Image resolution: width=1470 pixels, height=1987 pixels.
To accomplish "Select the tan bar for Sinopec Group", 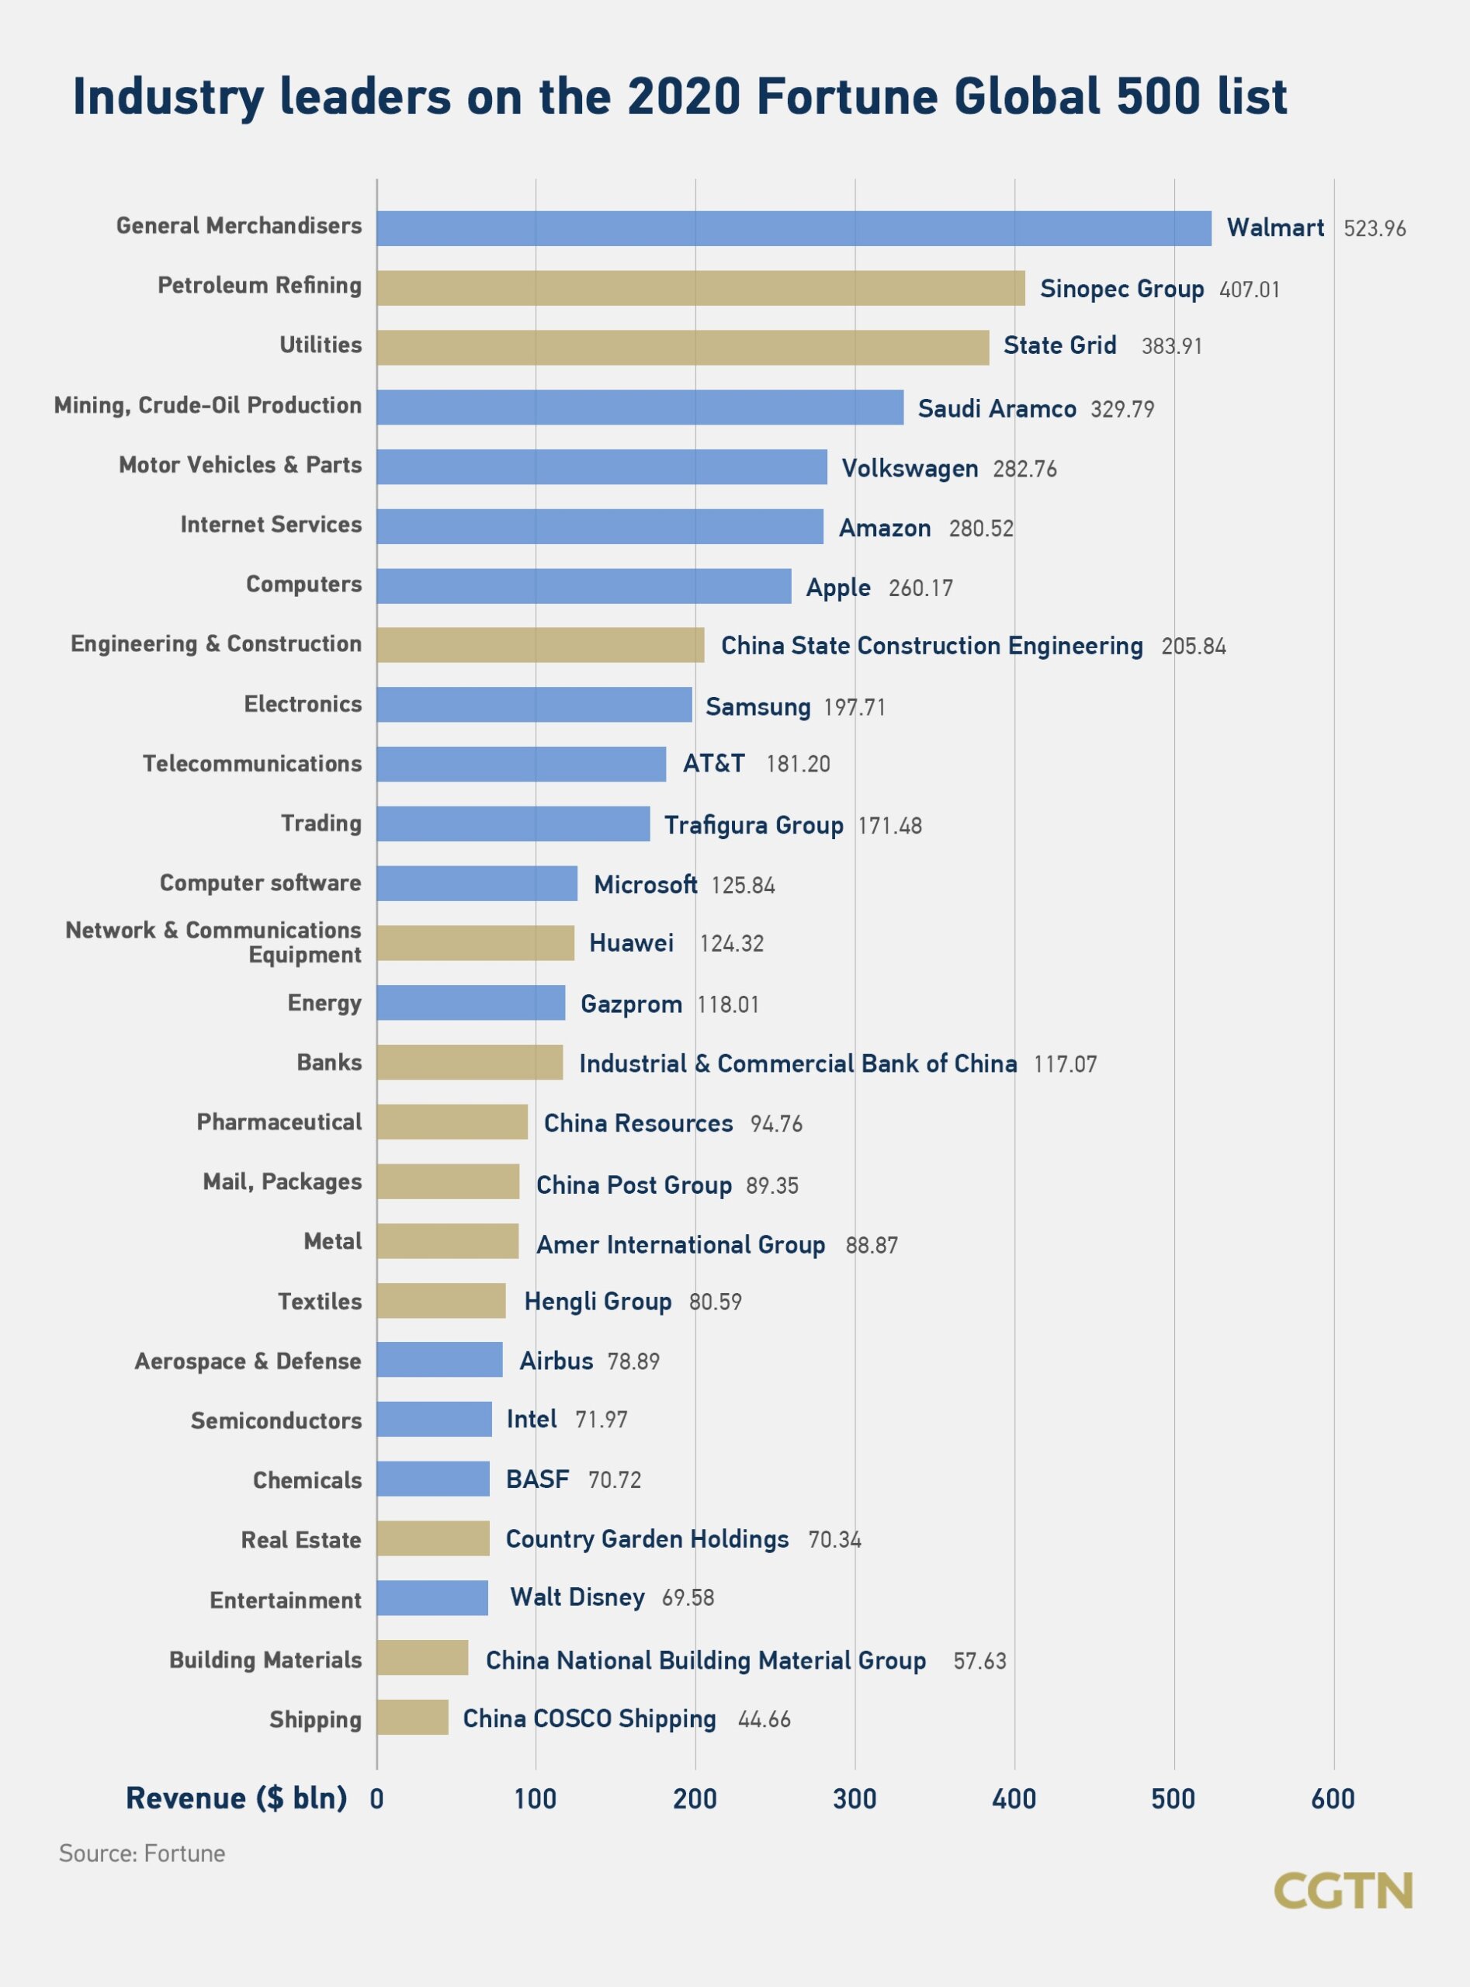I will point(700,288).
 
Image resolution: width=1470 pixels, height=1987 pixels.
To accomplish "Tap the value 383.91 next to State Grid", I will point(1171,346).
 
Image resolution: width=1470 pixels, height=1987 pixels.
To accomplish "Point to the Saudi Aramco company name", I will point(997,408).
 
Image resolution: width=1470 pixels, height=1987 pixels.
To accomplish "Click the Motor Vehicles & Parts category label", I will point(241,464).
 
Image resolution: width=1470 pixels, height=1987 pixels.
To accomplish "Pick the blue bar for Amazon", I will point(600,527).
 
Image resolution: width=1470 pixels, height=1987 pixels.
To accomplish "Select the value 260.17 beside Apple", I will point(920,588).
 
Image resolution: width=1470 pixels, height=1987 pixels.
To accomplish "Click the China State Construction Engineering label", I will point(931,645).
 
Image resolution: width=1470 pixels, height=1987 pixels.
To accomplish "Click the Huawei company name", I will point(631,943).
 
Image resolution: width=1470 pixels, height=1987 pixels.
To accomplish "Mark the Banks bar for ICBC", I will point(469,1063).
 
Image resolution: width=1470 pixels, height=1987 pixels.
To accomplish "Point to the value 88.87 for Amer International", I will point(871,1245).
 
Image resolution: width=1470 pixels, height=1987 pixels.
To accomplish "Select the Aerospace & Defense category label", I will point(248,1361).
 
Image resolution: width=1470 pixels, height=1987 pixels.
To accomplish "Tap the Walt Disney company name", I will point(577,1597).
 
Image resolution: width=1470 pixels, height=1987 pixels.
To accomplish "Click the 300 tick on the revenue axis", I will point(855,1799).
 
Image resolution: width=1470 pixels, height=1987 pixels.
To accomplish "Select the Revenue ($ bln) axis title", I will point(236,1798).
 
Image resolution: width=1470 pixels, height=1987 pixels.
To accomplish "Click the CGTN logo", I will point(1342,1890).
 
